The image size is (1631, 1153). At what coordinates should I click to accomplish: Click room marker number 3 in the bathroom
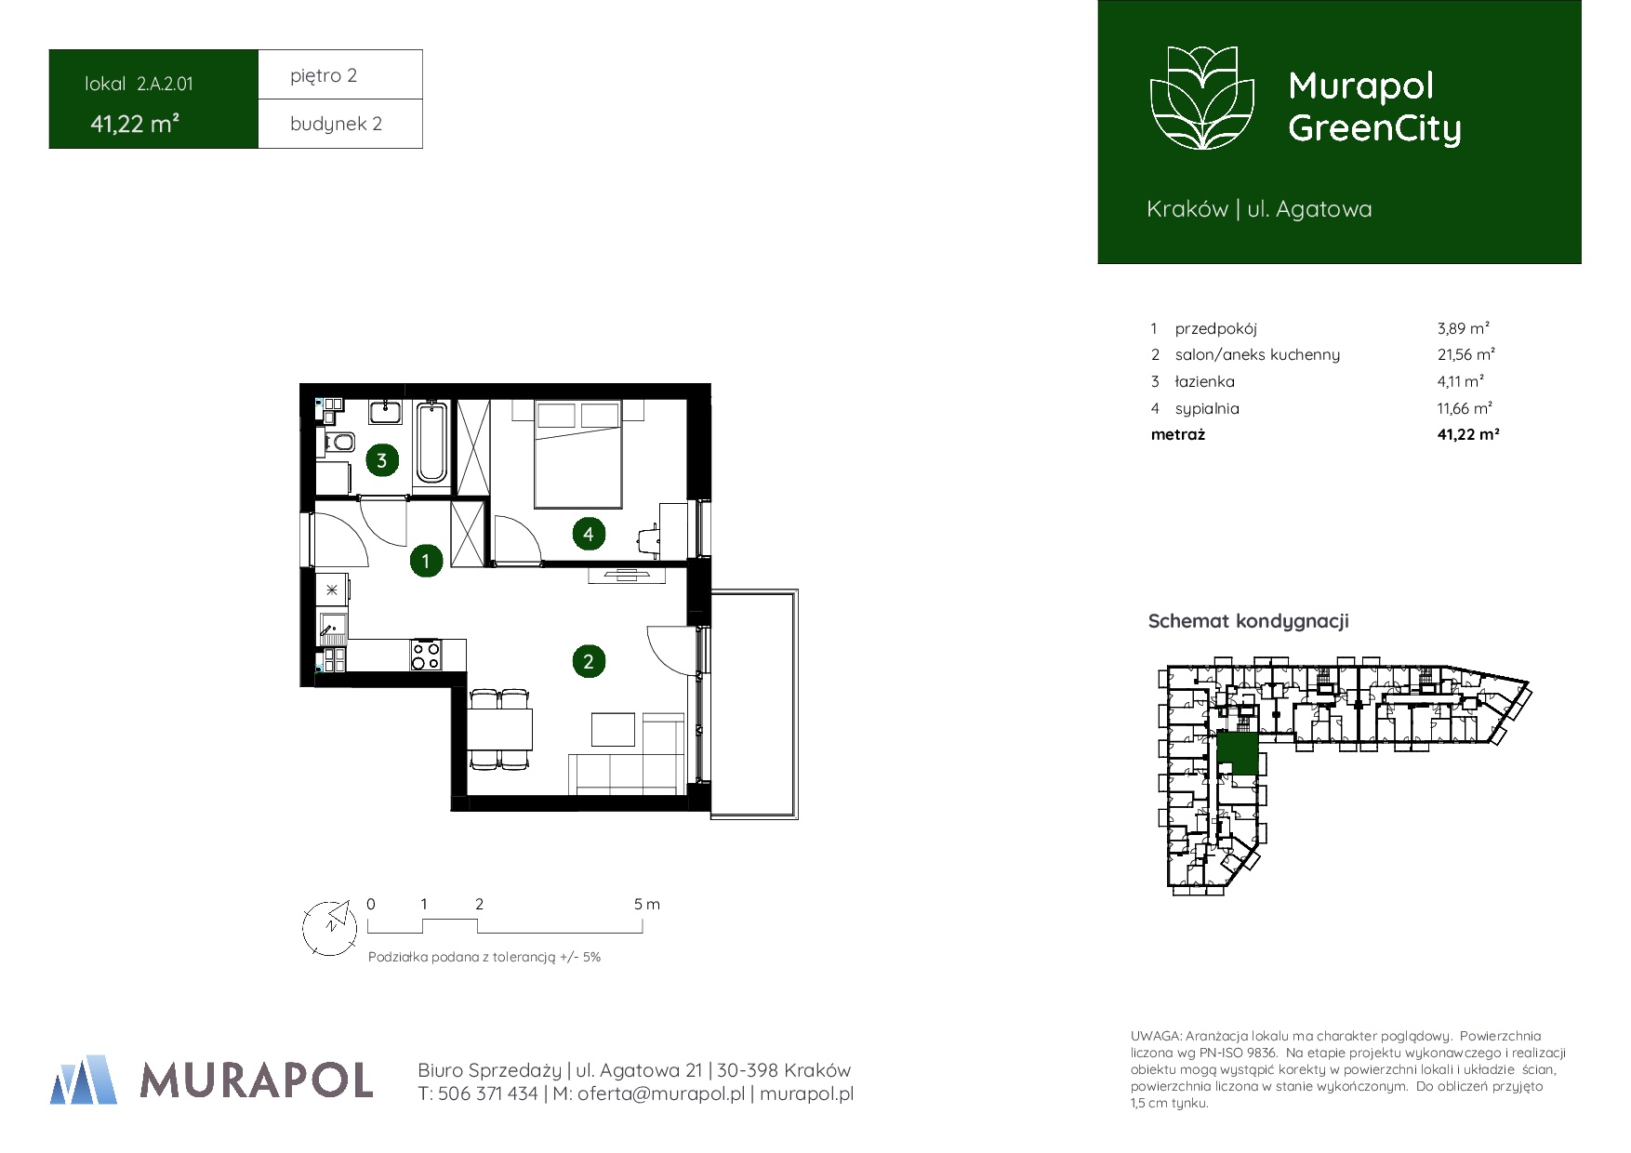[x=381, y=459]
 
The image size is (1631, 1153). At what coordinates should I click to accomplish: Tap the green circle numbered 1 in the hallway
[x=426, y=561]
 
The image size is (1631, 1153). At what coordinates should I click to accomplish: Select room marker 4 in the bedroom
[x=588, y=534]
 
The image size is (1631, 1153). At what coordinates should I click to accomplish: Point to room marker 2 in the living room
[x=588, y=661]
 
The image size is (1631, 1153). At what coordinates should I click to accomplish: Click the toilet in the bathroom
[x=338, y=442]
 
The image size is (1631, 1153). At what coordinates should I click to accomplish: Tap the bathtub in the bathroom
[x=431, y=442]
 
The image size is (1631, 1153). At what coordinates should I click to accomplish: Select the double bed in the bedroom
[x=577, y=454]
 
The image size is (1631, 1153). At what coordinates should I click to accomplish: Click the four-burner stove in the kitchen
[x=426, y=655]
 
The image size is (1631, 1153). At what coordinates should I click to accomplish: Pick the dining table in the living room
[x=500, y=729]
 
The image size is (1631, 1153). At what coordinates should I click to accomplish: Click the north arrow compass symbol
[x=330, y=927]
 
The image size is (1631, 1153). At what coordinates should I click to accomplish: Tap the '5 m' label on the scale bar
[x=647, y=904]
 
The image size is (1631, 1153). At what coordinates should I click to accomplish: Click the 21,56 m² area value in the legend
[x=1465, y=354]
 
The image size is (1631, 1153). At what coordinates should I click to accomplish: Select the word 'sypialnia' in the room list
[x=1207, y=408]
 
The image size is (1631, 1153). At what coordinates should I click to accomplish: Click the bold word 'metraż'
[x=1177, y=434]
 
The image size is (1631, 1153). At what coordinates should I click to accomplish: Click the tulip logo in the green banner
[x=1203, y=98]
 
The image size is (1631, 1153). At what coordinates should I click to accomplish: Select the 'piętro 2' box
[x=340, y=74]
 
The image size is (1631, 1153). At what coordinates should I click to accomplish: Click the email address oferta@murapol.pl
[x=661, y=1094]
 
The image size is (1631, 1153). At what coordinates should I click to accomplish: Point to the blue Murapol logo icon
[x=84, y=1080]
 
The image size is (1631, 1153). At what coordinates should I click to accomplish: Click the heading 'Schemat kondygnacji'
[x=1248, y=621]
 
